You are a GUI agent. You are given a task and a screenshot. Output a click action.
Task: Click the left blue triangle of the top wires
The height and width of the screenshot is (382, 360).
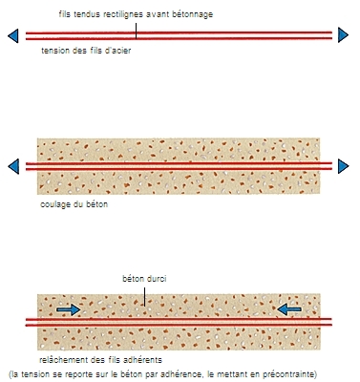[x=12, y=35]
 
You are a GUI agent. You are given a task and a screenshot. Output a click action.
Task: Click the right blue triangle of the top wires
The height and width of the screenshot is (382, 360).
[x=344, y=35]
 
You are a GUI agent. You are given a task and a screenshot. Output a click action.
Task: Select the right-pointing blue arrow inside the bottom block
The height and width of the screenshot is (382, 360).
[x=69, y=309]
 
